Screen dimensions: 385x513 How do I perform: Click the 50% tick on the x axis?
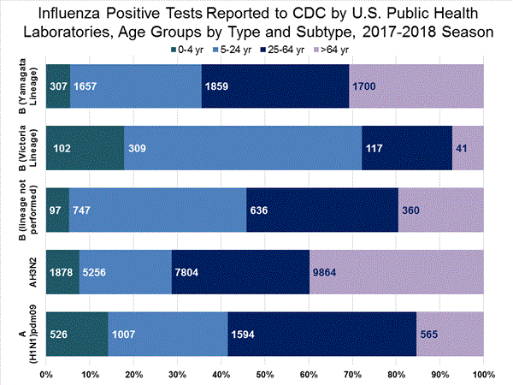[265, 375]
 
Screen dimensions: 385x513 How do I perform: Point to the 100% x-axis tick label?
[482, 375]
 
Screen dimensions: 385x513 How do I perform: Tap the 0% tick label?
[47, 375]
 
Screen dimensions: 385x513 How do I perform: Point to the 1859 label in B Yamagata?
[218, 86]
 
